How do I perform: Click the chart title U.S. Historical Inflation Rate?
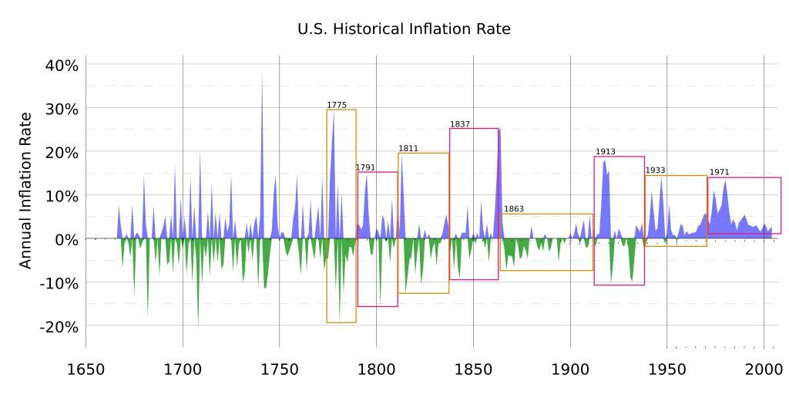(x=404, y=29)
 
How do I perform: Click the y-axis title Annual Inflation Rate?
(x=26, y=191)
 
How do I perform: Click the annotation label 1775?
(x=337, y=105)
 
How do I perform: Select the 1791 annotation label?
(x=365, y=167)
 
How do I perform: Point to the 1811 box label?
(x=408, y=148)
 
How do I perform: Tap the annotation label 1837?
(x=460, y=124)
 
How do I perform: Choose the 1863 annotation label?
(x=514, y=209)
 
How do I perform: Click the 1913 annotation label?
(x=605, y=152)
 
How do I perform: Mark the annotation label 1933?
(x=655, y=170)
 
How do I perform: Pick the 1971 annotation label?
(x=719, y=173)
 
